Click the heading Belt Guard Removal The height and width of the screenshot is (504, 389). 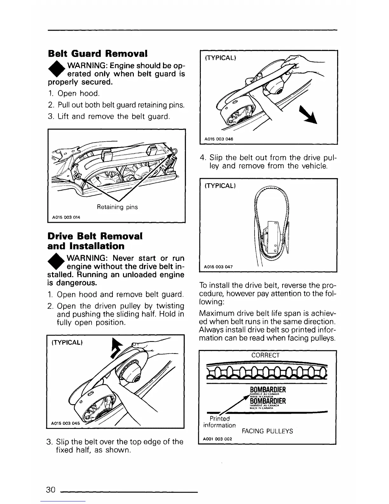[x=98, y=53]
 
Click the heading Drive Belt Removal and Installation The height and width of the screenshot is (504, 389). [x=95, y=241]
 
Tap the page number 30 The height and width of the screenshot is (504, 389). [x=51, y=489]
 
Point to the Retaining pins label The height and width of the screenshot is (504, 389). [x=117, y=207]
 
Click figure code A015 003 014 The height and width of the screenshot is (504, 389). [x=66, y=217]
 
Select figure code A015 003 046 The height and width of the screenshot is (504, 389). [x=219, y=139]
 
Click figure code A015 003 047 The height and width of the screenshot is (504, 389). [x=219, y=267]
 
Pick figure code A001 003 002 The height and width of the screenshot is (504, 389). [x=218, y=439]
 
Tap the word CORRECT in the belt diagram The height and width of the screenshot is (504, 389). [x=265, y=355]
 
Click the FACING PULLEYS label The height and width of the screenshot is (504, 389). [x=267, y=431]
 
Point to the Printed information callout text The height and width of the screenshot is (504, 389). [x=219, y=422]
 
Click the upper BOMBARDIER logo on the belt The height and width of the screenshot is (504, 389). [x=268, y=390]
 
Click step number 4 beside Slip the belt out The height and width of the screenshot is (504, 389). [x=202, y=158]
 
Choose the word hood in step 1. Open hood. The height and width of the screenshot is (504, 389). [x=90, y=94]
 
